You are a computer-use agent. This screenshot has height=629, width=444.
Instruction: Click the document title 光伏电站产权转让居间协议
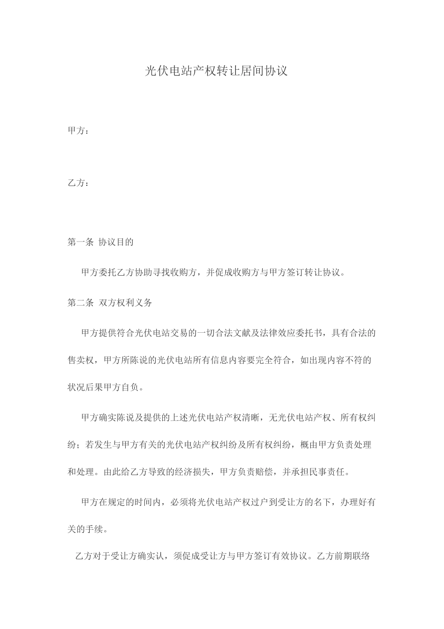pyautogui.click(x=216, y=71)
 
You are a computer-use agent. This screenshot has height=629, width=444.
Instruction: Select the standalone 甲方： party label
pyautogui.click(x=78, y=131)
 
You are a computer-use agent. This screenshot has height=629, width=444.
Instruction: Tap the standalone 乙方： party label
pyautogui.click(x=78, y=183)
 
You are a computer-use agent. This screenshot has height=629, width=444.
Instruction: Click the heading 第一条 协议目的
pyautogui.click(x=100, y=242)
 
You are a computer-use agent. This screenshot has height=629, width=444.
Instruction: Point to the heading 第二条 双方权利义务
pyautogui.click(x=110, y=302)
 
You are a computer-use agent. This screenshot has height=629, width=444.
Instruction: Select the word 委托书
pyautogui.click(x=309, y=333)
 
